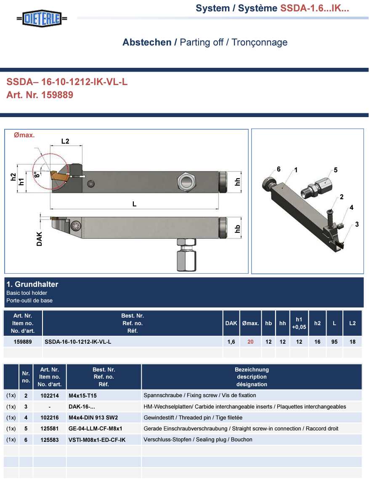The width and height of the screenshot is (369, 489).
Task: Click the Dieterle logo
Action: coord(42,19)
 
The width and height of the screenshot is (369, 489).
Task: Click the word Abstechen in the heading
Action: coord(147,42)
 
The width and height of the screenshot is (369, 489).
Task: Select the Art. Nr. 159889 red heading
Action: coord(40,95)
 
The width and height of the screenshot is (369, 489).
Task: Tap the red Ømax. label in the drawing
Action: coord(24,135)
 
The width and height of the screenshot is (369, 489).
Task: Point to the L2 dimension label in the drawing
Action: coord(65,141)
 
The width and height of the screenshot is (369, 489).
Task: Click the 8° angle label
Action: coord(37,175)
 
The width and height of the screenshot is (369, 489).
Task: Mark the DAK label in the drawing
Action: coord(39,239)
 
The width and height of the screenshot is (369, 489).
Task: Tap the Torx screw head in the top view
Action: coord(76,225)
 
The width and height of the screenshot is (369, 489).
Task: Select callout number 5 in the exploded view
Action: coord(336,170)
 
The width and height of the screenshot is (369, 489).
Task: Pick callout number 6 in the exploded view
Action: coord(279,169)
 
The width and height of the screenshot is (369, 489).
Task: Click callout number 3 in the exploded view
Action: coord(357,224)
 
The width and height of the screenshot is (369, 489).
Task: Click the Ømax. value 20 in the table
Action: coord(251,342)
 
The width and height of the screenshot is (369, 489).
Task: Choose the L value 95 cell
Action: coord(334,342)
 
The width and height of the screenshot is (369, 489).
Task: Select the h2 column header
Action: coord(317,323)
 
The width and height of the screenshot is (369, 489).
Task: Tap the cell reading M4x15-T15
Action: coord(82,396)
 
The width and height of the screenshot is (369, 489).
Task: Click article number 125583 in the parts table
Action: coord(50,440)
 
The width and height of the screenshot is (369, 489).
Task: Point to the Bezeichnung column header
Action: coord(252,369)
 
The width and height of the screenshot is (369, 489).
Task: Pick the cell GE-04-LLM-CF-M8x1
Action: coord(96,428)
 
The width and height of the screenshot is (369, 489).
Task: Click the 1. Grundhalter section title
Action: coord(32,284)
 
